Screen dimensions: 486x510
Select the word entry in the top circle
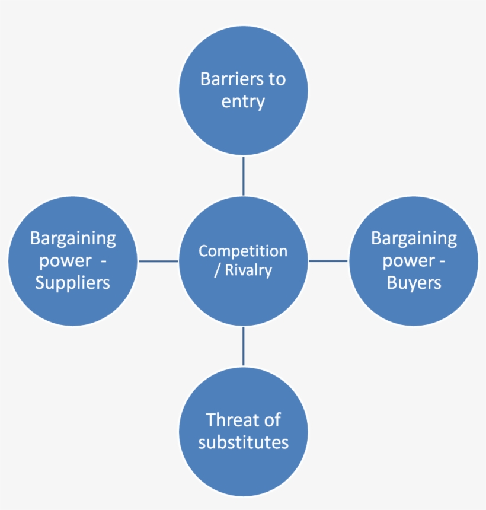click(243, 102)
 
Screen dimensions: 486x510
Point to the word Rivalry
click(249, 270)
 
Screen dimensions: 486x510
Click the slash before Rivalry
click(217, 270)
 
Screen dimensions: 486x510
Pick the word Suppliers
click(72, 283)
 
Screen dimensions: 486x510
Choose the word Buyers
click(414, 283)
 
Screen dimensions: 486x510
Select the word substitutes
click(243, 442)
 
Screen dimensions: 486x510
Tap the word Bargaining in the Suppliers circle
click(73, 238)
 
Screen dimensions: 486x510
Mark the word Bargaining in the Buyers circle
click(414, 238)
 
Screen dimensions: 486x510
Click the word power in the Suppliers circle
click(65, 261)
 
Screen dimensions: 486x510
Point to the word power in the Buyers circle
click(408, 261)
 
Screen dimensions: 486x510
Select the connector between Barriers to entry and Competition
click(243, 176)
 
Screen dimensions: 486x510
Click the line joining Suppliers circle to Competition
click(158, 261)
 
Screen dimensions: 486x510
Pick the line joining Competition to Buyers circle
click(328, 261)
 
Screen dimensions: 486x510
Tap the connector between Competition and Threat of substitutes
click(243, 346)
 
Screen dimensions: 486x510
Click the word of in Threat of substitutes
click(273, 420)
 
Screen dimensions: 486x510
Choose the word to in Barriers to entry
click(277, 79)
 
